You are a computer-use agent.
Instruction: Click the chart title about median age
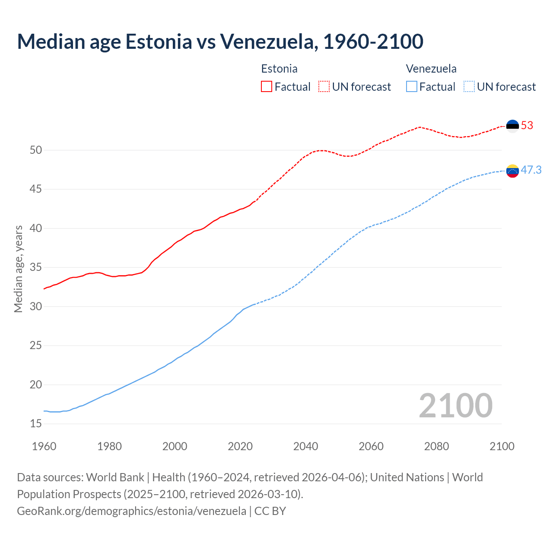[220, 41]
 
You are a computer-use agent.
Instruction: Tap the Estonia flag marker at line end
[512, 126]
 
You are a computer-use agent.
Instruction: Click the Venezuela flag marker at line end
[512, 171]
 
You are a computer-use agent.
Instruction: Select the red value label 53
[527, 126]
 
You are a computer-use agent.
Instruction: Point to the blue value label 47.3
[531, 170]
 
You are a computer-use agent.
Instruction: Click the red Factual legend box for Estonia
[267, 87]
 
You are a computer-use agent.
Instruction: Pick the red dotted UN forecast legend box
[324, 87]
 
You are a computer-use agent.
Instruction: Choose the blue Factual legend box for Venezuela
[412, 87]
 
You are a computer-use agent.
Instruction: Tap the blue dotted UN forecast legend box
[469, 87]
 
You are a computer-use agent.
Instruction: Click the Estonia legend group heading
[279, 69]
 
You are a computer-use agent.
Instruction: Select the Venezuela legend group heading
[431, 69]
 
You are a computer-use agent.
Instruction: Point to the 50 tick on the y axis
[36, 150]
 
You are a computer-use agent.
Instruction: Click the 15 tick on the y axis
[36, 424]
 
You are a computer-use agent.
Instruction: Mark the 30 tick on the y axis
[36, 307]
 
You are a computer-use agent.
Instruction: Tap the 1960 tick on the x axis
[44, 446]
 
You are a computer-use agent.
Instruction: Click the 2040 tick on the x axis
[305, 446]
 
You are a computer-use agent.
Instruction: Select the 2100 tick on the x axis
[502, 446]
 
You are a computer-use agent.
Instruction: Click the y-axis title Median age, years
[18, 269]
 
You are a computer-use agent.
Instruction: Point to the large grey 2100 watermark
[455, 406]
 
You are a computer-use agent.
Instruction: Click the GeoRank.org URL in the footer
[131, 511]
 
